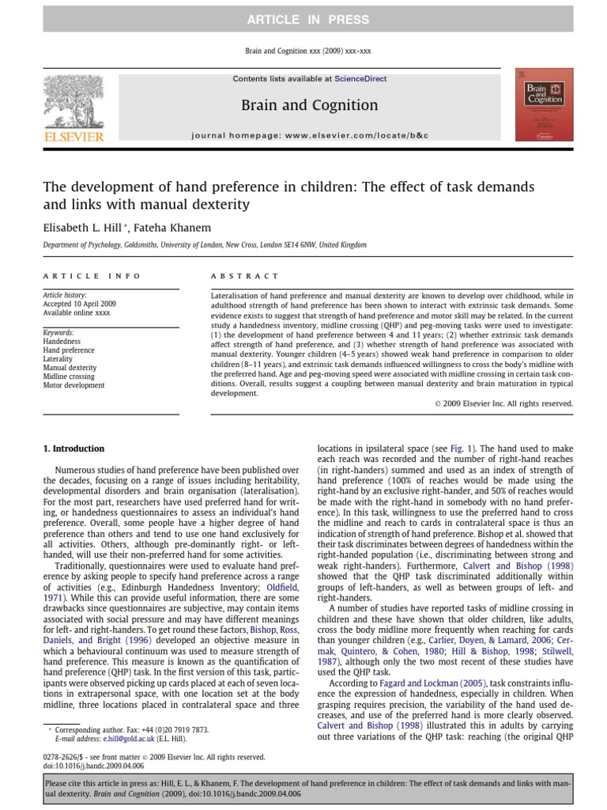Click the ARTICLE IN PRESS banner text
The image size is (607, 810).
303,19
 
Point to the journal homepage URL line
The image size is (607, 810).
309,136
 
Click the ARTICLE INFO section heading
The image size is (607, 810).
92,276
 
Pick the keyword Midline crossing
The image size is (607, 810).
69,377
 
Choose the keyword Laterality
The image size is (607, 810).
59,358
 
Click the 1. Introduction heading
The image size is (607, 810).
74,449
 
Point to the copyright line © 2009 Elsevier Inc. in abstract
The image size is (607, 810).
504,403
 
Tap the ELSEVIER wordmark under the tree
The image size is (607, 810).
75,137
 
